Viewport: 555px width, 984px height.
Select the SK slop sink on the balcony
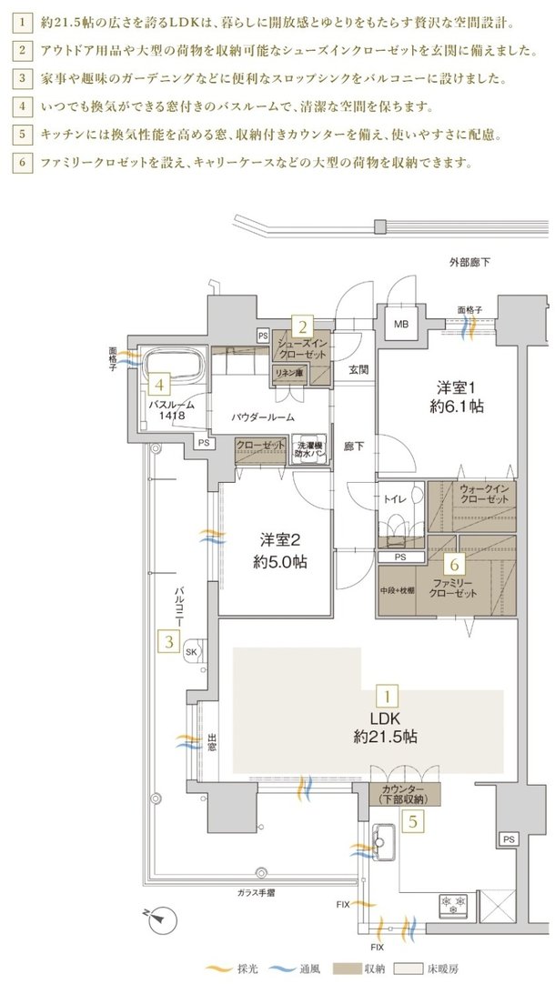193,652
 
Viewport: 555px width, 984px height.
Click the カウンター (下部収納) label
404,793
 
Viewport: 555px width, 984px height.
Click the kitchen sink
382,846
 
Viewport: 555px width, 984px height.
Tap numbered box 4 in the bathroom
158,386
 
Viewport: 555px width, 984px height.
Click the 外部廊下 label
469,263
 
